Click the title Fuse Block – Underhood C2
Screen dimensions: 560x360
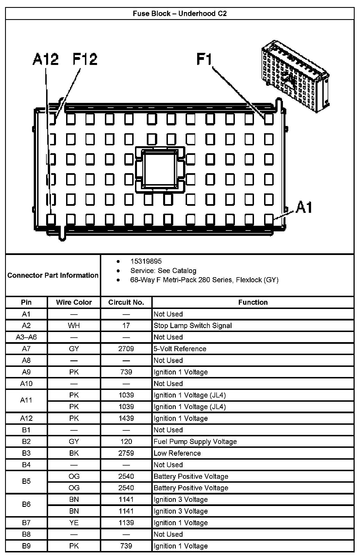pos(180,14)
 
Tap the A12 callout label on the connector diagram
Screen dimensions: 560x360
pos(46,60)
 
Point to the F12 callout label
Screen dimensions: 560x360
pos(85,60)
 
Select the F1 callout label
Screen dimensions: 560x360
pos(204,60)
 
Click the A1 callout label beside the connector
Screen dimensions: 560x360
pos(304,208)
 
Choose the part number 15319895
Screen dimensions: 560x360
pos(146,261)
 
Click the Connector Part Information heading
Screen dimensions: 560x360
pos(53,275)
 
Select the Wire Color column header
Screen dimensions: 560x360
pos(74,302)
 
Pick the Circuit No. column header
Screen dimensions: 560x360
pos(126,302)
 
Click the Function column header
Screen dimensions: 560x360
pos(253,302)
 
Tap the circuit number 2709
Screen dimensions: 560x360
pos(126,349)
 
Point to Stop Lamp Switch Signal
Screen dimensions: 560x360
pos(193,326)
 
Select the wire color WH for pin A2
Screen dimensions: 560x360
pos(74,326)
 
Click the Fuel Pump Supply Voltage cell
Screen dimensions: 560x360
pos(195,442)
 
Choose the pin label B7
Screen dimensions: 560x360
pos(26,523)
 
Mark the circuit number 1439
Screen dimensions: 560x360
pos(126,418)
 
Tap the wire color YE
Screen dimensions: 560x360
pos(74,523)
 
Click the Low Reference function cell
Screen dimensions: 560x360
pos(177,453)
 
